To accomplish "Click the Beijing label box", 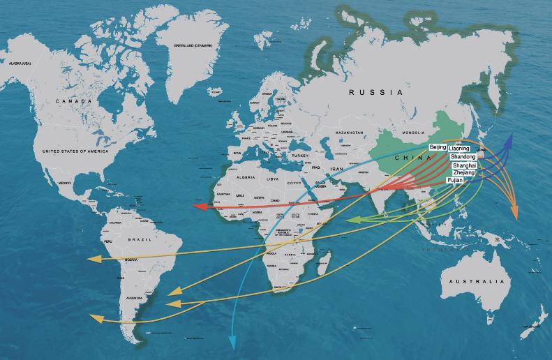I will pos(438,148).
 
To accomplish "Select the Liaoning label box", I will pos(458,149).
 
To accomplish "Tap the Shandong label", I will pos(463,157).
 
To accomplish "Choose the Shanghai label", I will pos(463,165).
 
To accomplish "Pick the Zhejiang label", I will pos(463,172).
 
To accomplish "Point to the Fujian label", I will pos(454,180).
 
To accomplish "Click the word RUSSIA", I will pos(376,92).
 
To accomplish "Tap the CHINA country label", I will pos(406,159).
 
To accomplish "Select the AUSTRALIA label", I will pos(475,281).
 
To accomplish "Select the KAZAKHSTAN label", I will pos(350,132).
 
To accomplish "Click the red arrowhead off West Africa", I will pos(198,207).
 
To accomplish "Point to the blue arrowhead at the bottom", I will pos(232,343).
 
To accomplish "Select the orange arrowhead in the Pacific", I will pos(515,213).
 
